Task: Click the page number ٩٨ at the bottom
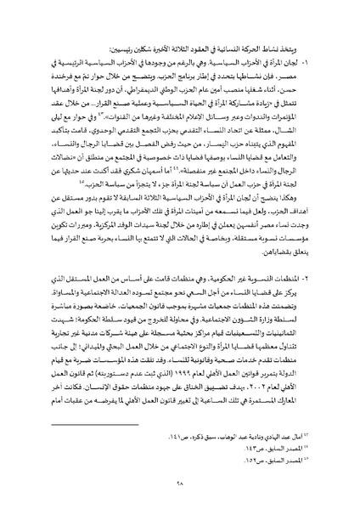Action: [181, 482]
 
